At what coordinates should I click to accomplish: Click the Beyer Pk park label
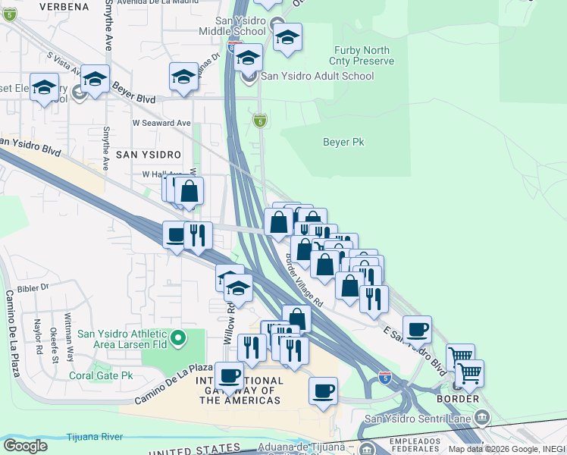343,142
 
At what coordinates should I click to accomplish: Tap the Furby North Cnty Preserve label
362,55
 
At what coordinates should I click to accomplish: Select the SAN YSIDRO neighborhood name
149,154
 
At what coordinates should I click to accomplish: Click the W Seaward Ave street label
161,122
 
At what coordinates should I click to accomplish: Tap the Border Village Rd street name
304,280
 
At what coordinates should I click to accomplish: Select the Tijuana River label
96,436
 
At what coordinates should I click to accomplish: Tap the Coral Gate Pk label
101,375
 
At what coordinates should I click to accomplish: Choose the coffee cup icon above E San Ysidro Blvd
417,330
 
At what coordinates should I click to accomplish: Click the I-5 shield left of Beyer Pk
260,121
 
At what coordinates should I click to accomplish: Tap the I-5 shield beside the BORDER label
385,376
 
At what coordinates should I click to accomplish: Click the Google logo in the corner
25,445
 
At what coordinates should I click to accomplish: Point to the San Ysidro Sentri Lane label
418,417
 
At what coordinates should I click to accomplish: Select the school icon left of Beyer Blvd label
95,80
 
